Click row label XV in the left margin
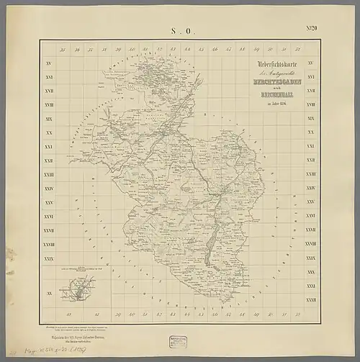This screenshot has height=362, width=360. click(49, 65)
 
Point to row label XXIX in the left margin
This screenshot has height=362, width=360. click(49, 258)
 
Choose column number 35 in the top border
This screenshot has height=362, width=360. click(64, 50)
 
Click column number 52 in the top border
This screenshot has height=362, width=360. click(297, 50)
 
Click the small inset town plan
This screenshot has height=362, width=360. click(78, 294)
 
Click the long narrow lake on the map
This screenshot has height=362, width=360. click(209, 252)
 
